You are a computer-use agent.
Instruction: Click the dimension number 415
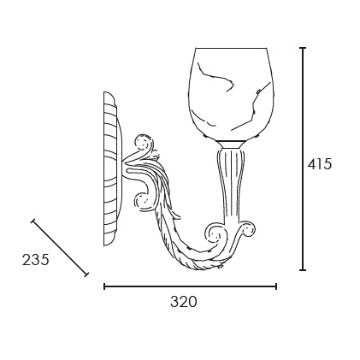click(x=320, y=164)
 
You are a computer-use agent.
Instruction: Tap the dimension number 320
click(x=184, y=302)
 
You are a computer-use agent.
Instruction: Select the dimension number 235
click(x=36, y=260)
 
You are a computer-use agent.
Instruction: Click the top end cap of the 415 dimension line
click(x=303, y=48)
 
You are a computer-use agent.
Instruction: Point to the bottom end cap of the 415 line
click(x=303, y=269)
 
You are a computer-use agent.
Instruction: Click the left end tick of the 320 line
click(x=104, y=286)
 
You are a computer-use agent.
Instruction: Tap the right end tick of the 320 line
click(x=276, y=286)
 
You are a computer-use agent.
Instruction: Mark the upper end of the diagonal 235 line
click(x=33, y=221)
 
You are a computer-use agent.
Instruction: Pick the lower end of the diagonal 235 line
click(x=86, y=274)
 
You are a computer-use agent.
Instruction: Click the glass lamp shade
click(x=231, y=95)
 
